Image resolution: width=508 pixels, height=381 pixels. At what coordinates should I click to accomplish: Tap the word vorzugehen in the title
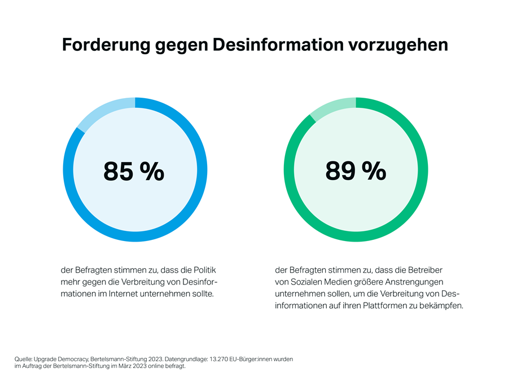pyautogui.click(x=407, y=45)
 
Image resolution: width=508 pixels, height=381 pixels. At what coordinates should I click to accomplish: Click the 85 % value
pyautogui.click(x=134, y=171)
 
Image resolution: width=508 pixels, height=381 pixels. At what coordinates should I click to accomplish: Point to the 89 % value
pyautogui.click(x=356, y=170)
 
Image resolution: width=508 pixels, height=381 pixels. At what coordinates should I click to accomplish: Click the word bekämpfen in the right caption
pyautogui.click(x=443, y=306)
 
